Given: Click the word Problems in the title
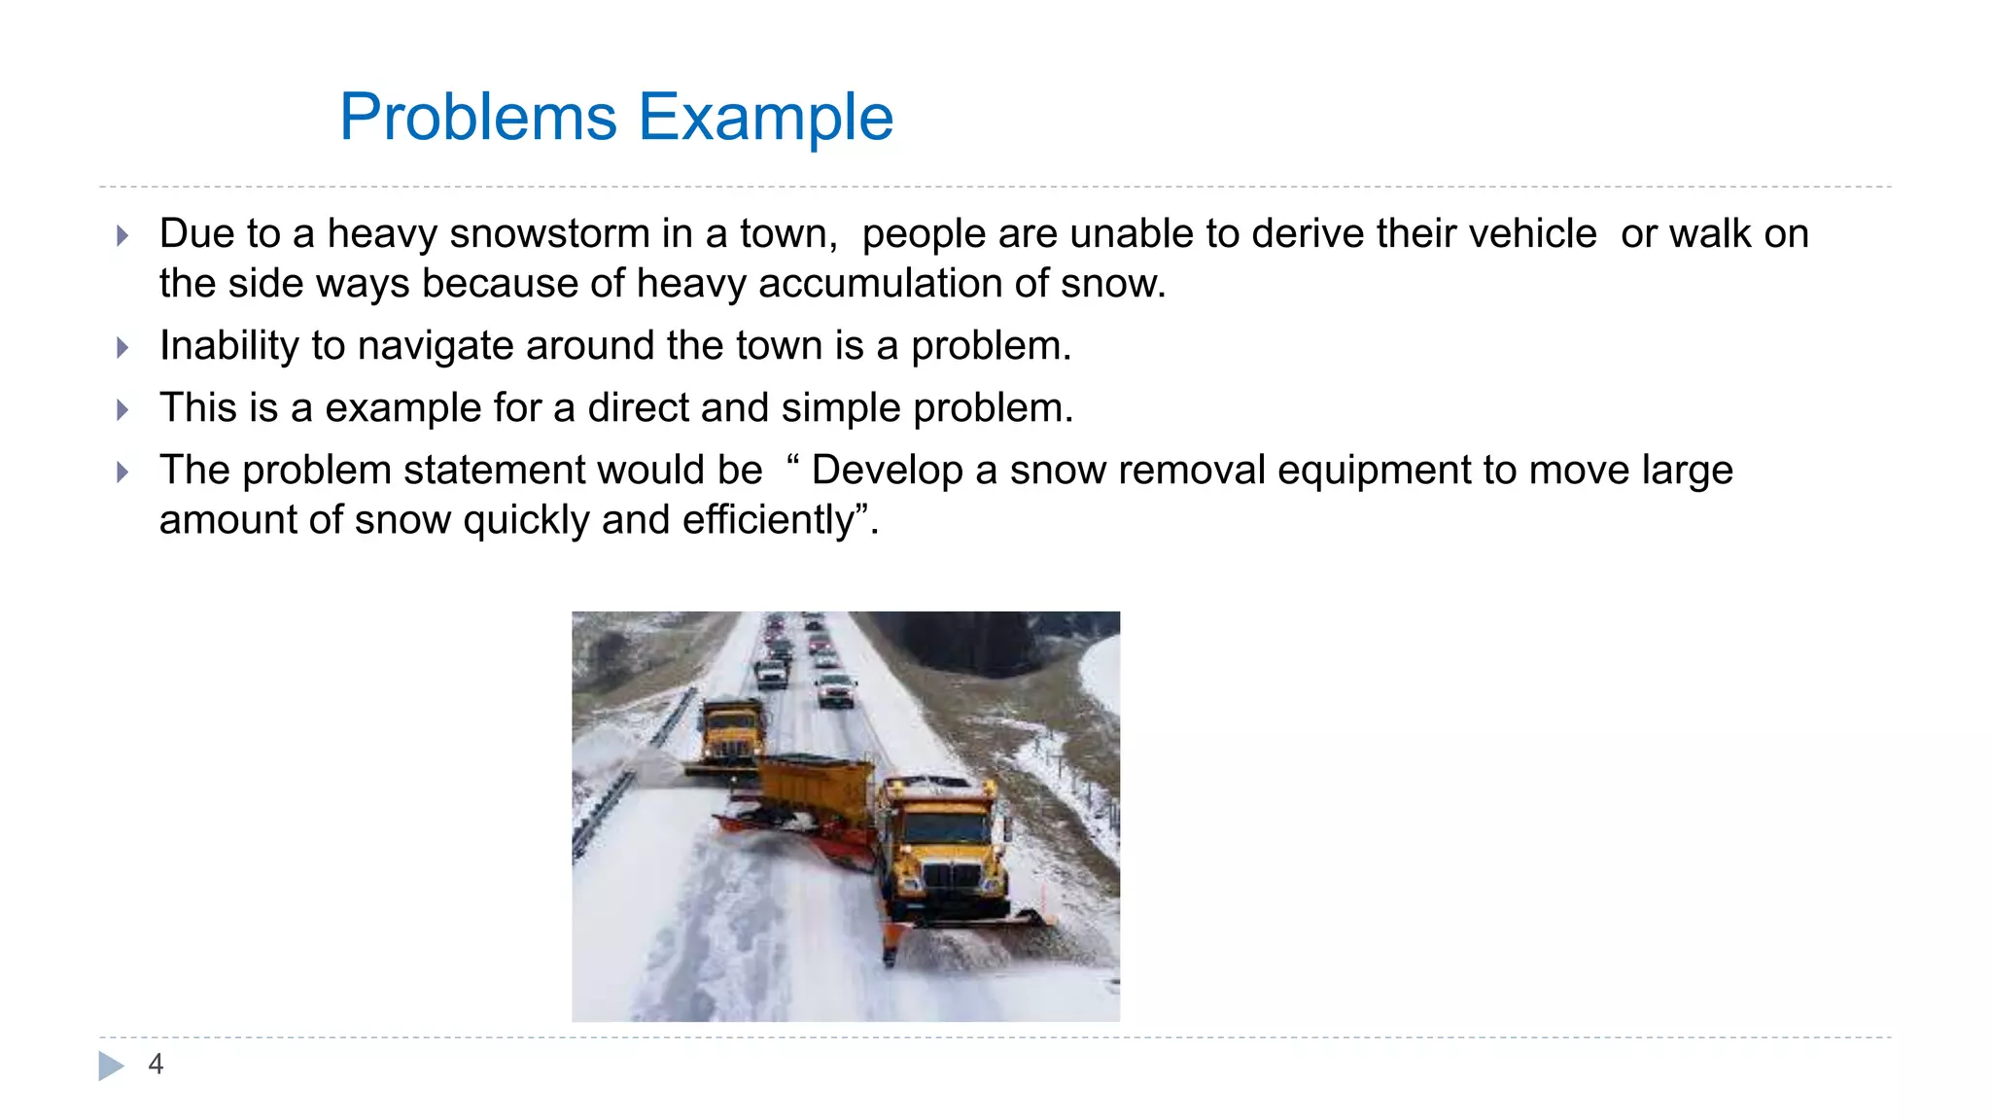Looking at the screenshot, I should coord(477,118).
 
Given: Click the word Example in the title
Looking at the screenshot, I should coord(765,118).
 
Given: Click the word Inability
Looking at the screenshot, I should coord(228,346).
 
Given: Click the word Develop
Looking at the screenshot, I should coord(888,471).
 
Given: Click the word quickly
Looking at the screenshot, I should coord(526,520).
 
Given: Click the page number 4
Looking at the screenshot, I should coord(156,1065).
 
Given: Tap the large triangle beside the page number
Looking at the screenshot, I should coord(111,1066).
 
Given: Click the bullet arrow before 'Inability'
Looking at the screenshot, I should coord(122,347).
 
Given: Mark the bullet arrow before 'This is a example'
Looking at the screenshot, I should coord(122,409).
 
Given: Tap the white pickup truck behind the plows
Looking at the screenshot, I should coord(835,689).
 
